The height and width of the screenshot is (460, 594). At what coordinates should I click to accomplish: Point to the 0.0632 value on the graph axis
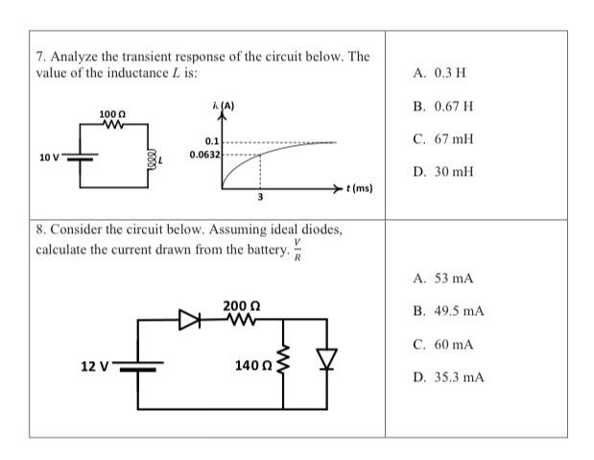pos(205,154)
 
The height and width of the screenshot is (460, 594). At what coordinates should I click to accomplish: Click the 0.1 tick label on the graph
pos(213,141)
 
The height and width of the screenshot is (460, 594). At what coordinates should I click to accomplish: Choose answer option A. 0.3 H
pos(440,73)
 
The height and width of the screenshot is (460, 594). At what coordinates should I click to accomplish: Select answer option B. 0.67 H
pos(443,106)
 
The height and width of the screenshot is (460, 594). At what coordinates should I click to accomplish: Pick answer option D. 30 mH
pos(444,172)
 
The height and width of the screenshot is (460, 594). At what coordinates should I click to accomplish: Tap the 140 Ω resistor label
pos(252,366)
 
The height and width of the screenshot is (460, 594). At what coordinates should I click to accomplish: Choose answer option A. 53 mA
pos(443,278)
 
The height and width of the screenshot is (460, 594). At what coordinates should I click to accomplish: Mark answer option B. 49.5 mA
pos(449,311)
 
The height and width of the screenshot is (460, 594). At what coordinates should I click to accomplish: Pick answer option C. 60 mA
pos(443,344)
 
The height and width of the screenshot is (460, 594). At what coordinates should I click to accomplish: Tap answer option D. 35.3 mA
pos(449,377)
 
